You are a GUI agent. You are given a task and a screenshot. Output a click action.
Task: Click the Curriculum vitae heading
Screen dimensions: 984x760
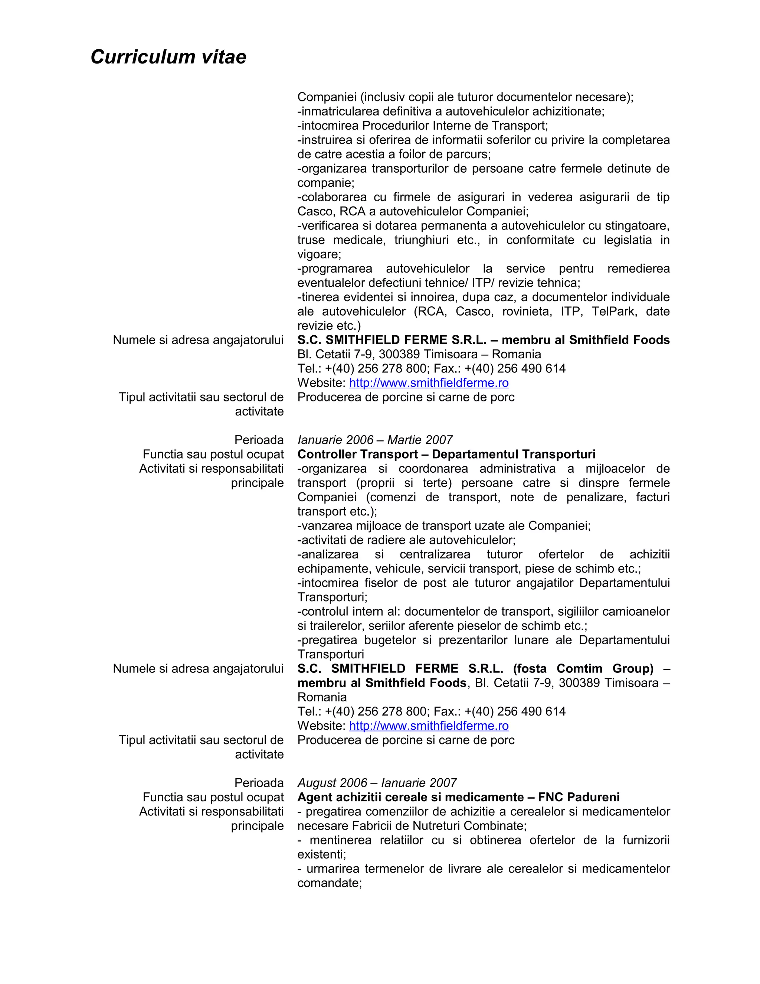click(168, 57)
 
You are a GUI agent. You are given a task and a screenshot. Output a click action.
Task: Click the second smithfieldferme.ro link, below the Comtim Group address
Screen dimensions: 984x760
click(429, 726)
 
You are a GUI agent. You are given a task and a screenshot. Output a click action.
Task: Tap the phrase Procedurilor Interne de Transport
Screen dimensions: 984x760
click(455, 126)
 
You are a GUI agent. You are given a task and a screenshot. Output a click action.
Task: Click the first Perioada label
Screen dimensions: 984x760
click(259, 440)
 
